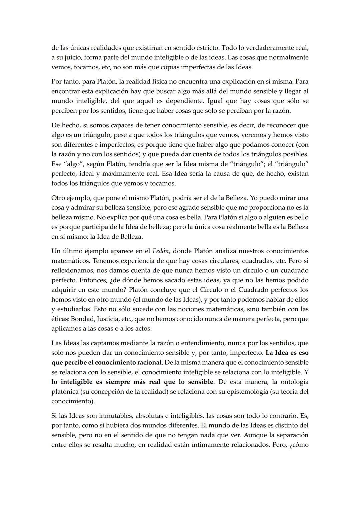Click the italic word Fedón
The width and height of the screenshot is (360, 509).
pyautogui.click(x=161, y=251)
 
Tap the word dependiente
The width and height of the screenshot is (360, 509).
pyautogui.click(x=184, y=101)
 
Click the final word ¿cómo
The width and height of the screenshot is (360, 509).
pyautogui.click(x=299, y=445)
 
